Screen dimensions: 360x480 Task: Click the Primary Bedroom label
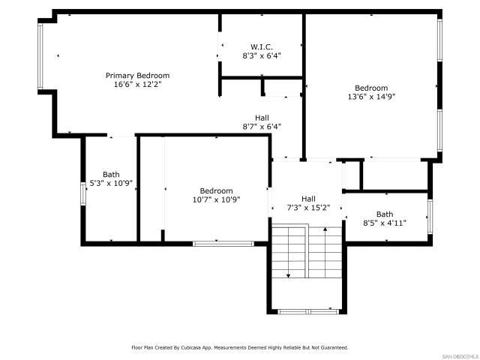tap(137, 75)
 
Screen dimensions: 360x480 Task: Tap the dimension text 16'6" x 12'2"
tap(137, 84)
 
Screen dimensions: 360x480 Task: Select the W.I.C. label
tap(261, 46)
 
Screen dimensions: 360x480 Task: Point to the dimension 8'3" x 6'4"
tap(261, 55)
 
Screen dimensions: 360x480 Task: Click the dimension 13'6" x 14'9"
tap(371, 96)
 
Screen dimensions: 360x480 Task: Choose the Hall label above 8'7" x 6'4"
tap(262, 118)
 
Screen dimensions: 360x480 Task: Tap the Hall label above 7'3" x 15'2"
tap(309, 198)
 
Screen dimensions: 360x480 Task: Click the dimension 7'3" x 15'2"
tap(309, 208)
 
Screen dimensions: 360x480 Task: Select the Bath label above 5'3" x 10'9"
tap(110, 174)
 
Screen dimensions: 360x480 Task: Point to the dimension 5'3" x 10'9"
tap(110, 183)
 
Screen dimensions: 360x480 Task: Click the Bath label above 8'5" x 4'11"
tap(384, 214)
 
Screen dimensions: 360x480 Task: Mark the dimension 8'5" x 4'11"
tap(384, 223)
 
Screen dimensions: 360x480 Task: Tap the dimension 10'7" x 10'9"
tap(216, 199)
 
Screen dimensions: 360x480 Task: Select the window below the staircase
tap(306, 310)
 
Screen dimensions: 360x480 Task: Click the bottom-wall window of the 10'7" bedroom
tap(223, 243)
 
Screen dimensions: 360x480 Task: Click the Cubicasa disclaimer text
tap(240, 348)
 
